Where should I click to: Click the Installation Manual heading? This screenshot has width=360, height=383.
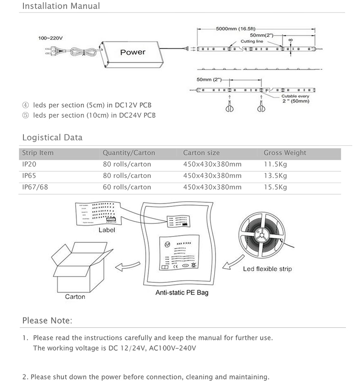(61, 6)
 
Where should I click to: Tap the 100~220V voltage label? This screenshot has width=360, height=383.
(49, 39)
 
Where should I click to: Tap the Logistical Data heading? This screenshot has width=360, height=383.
(52, 138)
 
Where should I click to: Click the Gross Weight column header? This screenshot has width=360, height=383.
(284, 153)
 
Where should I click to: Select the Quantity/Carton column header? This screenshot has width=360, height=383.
(126, 153)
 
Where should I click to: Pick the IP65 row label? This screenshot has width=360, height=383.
(29, 176)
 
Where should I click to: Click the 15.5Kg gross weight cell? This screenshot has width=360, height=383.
(275, 187)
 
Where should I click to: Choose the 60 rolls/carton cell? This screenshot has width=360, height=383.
(126, 187)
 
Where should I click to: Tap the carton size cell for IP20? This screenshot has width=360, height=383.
(212, 164)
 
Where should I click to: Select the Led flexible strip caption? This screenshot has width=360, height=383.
(267, 269)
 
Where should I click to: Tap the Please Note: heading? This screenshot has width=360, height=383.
(47, 321)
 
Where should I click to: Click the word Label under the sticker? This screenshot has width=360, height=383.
(107, 230)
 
